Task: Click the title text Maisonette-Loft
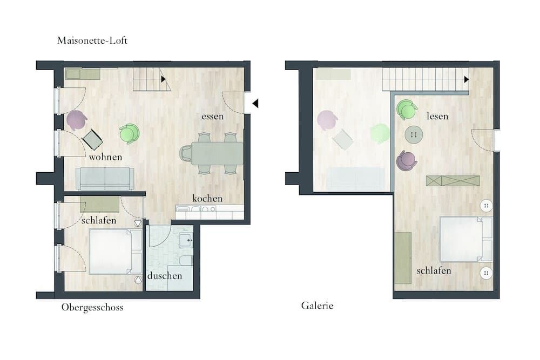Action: click(92, 40)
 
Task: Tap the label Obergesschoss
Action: click(92, 307)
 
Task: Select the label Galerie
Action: click(317, 305)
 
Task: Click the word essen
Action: click(212, 117)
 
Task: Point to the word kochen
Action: click(207, 199)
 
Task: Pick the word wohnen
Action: click(105, 157)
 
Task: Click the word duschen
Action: click(165, 276)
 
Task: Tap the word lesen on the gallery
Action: click(437, 116)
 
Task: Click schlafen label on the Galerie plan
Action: click(434, 271)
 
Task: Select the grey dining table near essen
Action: click(217, 153)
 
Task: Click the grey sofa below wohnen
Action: click(105, 179)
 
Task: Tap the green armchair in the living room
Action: click(130, 133)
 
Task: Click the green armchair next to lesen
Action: click(407, 110)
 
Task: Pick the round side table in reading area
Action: click(414, 134)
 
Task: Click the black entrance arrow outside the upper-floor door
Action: click(255, 103)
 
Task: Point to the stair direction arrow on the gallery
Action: click(467, 79)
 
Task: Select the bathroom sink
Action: click(186, 240)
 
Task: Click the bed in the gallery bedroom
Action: click(466, 239)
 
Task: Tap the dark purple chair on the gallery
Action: click(407, 161)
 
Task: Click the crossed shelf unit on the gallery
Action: click(453, 181)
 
